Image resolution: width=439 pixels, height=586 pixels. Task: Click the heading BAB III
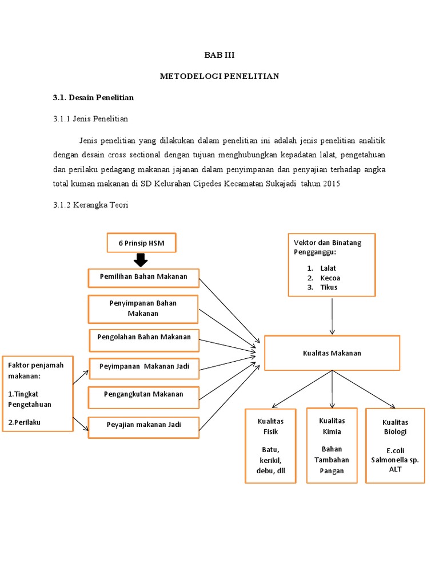[220, 56]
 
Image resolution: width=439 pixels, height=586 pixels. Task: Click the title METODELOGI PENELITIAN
[219, 76]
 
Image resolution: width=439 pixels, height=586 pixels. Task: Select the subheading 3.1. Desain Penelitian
[93, 97]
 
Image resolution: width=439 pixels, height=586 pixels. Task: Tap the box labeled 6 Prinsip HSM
[141, 243]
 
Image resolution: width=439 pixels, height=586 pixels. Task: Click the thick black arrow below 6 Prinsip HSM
[141, 260]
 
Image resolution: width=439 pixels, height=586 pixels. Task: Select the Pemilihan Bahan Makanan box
[143, 278]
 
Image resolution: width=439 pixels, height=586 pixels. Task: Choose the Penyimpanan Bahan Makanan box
[143, 309]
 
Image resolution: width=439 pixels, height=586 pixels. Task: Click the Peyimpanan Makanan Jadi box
[144, 366]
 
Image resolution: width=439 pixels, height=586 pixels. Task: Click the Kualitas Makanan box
[332, 353]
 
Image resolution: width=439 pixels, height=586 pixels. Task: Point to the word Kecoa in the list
[330, 278]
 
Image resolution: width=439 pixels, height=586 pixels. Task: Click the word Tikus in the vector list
[329, 287]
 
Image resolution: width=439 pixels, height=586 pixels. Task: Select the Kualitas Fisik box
[270, 446]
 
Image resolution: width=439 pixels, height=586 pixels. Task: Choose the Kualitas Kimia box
[332, 445]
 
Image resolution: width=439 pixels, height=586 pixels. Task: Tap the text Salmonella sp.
[395, 460]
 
